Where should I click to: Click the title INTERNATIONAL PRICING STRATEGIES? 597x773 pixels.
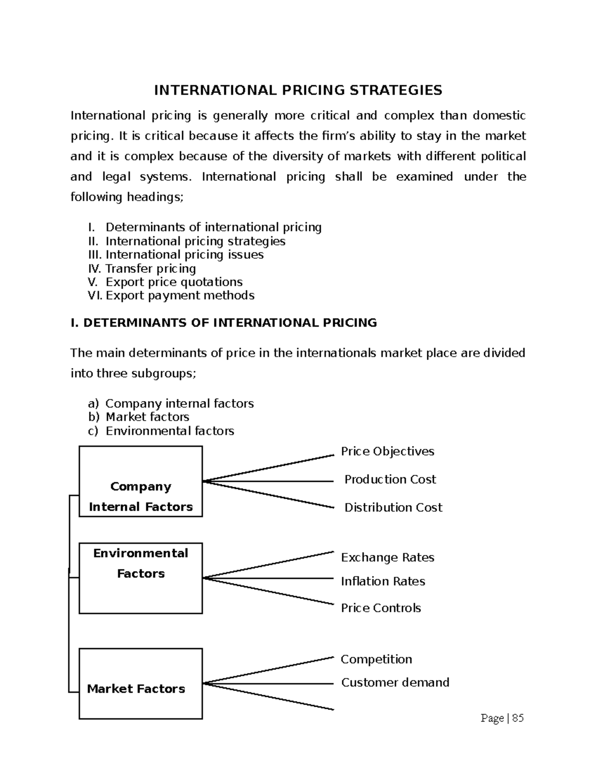298,90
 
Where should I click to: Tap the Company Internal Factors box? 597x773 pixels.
141,481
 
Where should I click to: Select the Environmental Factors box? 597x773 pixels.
141,578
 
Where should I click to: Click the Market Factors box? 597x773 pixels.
141,683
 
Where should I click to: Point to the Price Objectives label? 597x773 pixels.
387,451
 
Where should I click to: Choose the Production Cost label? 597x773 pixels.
390,479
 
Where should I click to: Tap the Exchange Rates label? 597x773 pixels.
387,557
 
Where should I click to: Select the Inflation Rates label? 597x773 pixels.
383,581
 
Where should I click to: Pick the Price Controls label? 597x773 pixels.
381,608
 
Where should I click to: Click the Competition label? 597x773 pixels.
376,660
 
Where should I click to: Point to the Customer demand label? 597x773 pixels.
395,682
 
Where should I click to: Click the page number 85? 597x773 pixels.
517,718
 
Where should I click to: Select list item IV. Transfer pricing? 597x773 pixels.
142,269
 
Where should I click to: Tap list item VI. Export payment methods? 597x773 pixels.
171,296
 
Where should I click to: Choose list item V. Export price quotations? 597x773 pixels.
165,282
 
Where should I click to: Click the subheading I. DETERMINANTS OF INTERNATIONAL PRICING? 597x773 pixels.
224,323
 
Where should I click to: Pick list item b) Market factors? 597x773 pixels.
139,417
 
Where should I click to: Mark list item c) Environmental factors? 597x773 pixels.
161,431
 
